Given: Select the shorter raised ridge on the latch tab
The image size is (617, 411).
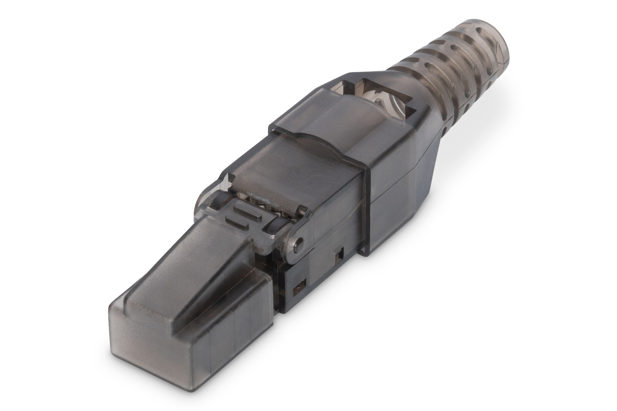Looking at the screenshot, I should [x=234, y=220].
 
